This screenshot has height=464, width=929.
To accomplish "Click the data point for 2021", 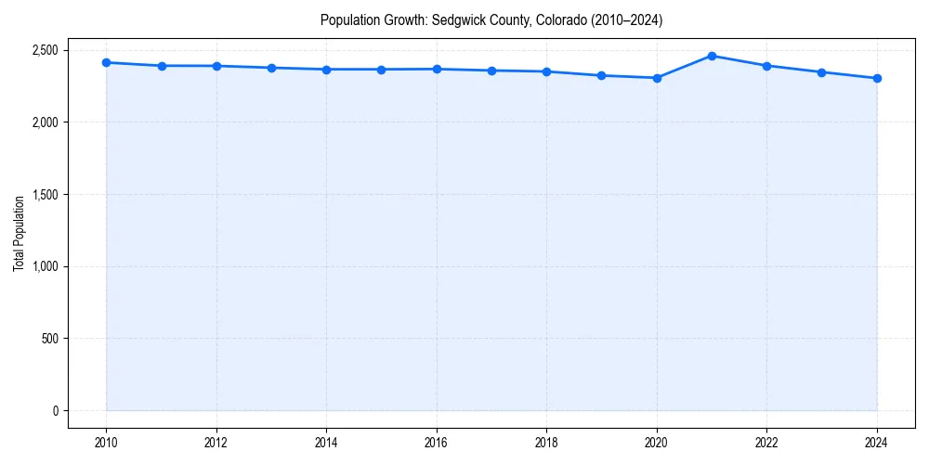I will coord(712,56).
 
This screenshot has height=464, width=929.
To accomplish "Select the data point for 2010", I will coord(106,62).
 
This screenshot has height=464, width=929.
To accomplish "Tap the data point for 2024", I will coord(877,78).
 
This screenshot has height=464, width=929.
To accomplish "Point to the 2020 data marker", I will coord(657,78).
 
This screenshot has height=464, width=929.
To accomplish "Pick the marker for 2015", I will coord(381,70).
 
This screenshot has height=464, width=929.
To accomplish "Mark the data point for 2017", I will coord(491,71).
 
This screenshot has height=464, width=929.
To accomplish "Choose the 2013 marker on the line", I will coord(271,68).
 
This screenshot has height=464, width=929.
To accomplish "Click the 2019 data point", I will coord(602,75).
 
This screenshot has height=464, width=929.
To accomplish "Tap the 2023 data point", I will coord(821,72).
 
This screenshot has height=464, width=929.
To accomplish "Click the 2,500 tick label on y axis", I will coord(45,50).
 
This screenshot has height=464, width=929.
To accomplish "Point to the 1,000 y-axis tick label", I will coord(45,266).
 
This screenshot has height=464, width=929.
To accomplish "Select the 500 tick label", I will coord(49,339).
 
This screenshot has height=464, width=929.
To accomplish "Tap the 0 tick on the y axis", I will coord(55,411).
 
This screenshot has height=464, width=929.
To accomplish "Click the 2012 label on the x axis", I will coord(216,443).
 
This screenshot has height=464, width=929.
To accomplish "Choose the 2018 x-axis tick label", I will coord(546,443).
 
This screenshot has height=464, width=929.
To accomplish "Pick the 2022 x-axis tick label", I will coord(766,443).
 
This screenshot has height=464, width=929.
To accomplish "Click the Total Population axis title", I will coord(19,233).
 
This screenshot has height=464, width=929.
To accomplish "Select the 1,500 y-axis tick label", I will coord(45,195).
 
